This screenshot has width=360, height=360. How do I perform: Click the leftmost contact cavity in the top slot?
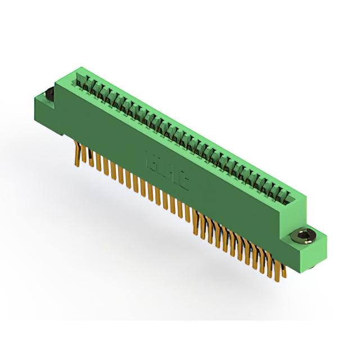click(81, 80)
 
